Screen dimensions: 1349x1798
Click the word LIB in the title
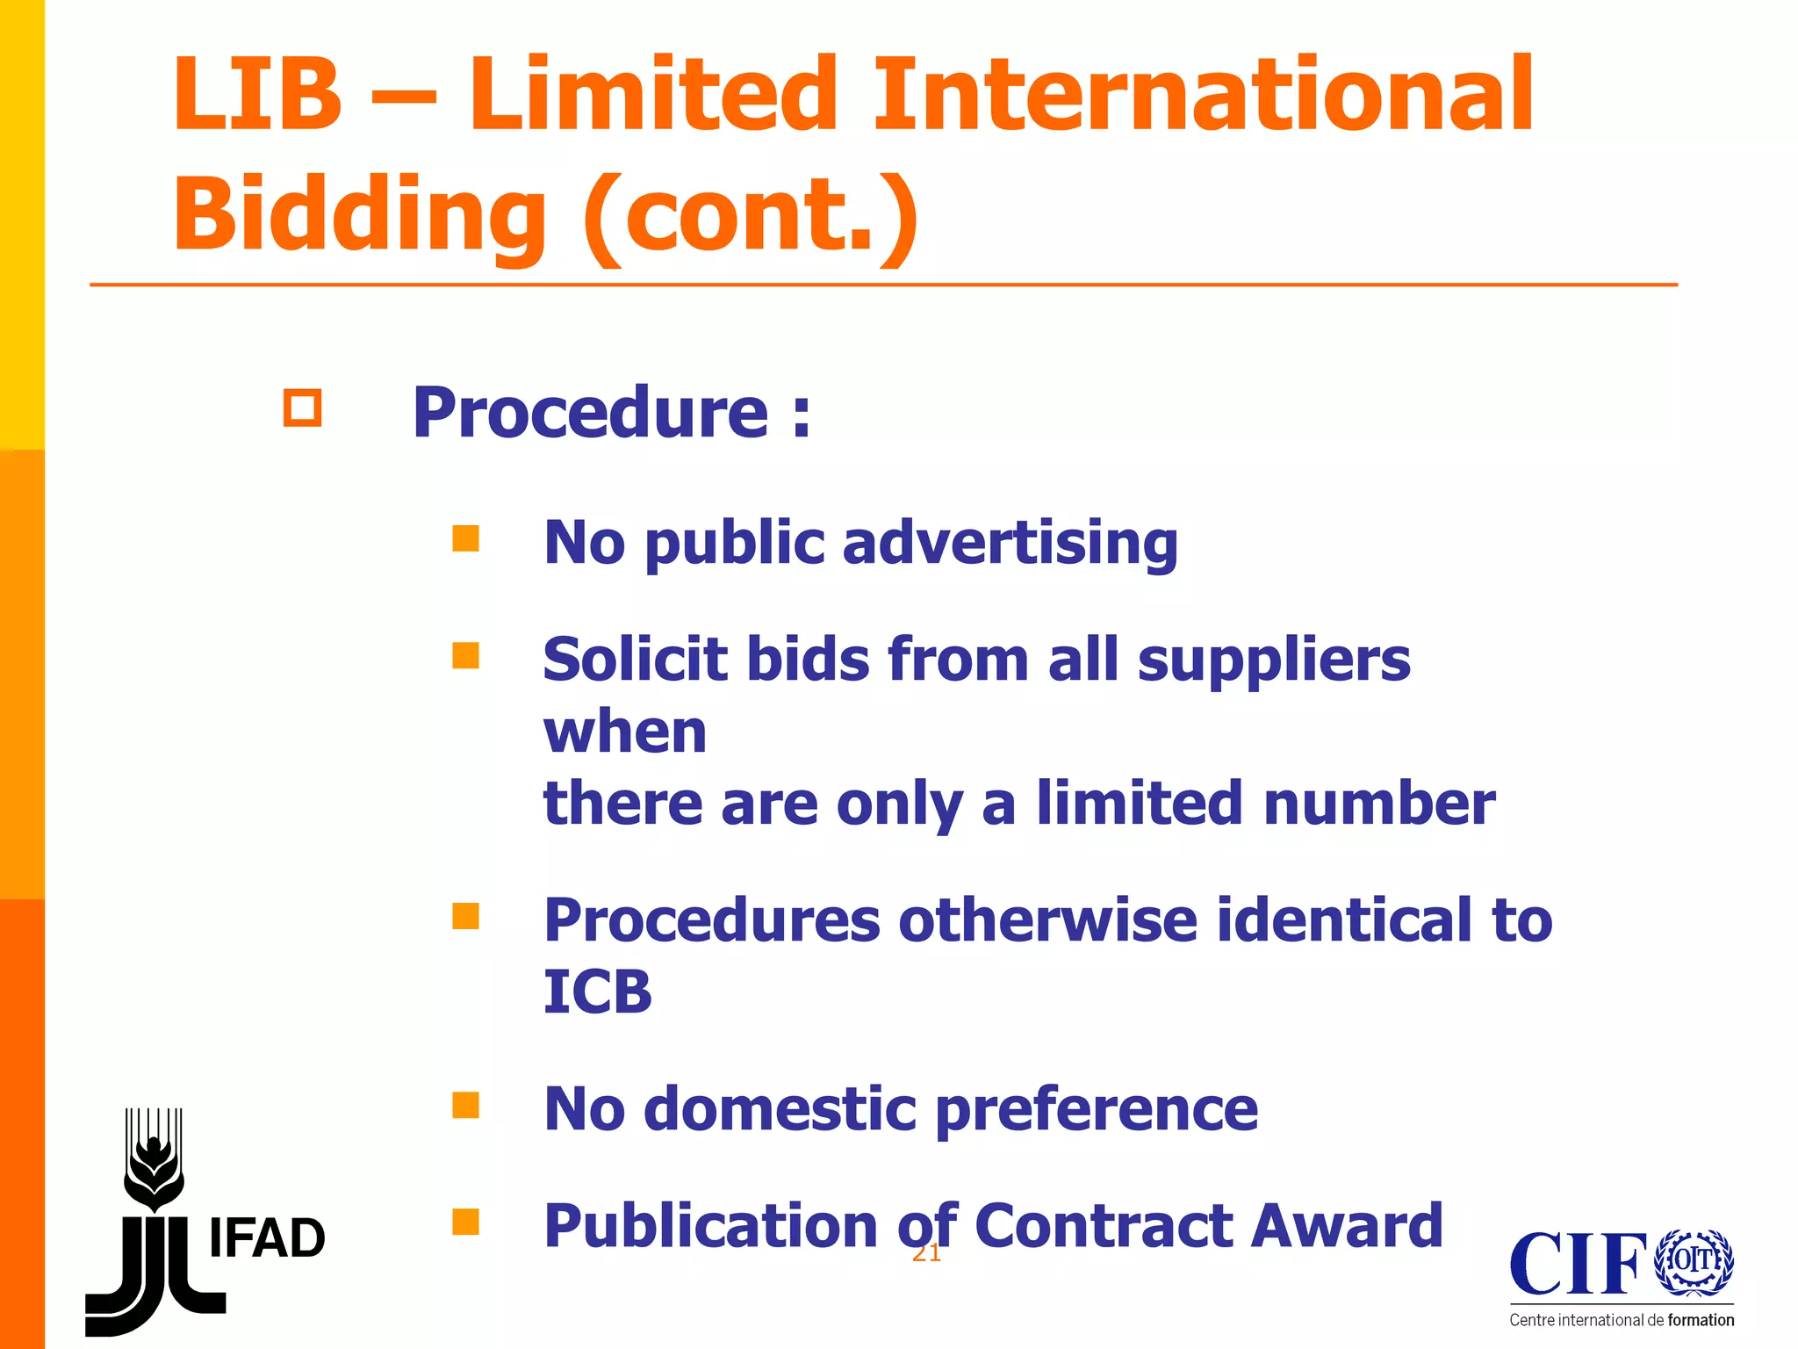coord(256,94)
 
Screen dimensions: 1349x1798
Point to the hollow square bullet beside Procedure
coord(302,408)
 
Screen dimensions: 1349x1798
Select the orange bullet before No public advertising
coord(465,538)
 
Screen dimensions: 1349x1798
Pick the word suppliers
coord(1274,660)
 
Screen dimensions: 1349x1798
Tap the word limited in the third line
coord(1139,803)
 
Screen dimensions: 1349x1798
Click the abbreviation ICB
coord(598,992)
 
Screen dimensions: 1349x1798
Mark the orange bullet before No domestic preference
coord(465,1105)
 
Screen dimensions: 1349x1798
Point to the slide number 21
coord(926,1253)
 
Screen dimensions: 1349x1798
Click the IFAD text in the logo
coord(267,1238)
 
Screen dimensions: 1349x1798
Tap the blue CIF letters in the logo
coord(1578,1264)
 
